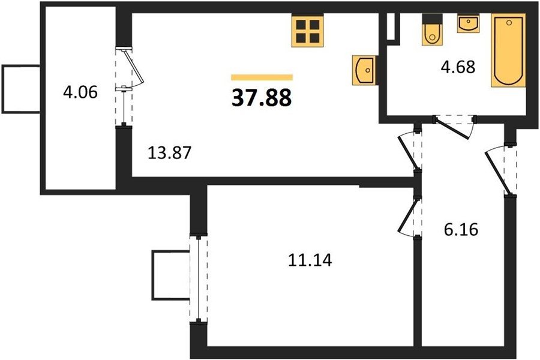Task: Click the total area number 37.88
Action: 262,97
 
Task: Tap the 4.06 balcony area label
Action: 80,92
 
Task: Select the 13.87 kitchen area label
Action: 169,152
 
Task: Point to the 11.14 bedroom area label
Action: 310,260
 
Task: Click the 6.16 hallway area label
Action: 461,229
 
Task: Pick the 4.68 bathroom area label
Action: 458,67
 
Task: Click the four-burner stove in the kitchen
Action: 308,31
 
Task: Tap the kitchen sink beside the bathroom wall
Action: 364,70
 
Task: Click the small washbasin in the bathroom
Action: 468,24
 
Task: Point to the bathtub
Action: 508,50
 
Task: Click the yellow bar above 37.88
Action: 262,77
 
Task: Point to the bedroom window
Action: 199,278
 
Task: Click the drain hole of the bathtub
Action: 509,22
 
